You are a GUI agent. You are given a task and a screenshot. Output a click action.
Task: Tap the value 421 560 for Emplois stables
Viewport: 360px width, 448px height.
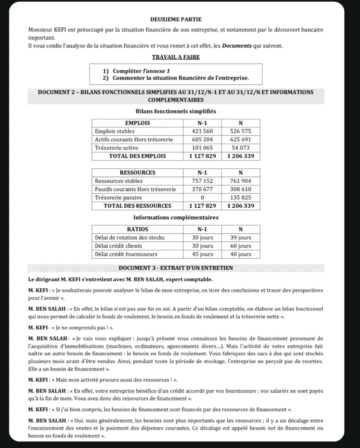202,131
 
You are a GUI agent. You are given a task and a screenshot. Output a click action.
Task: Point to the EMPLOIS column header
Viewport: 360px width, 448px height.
137,123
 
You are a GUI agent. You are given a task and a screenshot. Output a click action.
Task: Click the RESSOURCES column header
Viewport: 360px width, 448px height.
137,173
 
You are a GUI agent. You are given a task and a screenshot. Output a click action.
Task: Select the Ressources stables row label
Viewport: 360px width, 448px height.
118,181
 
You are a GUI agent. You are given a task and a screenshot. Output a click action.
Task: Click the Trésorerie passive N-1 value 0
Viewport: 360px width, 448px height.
202,198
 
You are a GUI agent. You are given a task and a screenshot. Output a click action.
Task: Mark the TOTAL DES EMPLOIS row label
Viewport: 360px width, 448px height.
137,156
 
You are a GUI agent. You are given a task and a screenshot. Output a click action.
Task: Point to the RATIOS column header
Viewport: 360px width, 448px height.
137,229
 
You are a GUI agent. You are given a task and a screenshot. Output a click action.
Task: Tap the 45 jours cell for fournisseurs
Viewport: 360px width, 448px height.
202,254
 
